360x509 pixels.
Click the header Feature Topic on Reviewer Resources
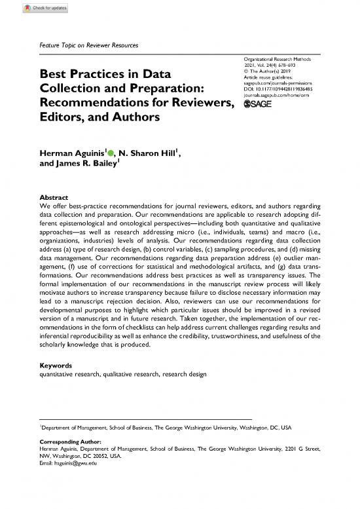(x=90, y=45)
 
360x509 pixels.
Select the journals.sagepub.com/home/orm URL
(x=279, y=96)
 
